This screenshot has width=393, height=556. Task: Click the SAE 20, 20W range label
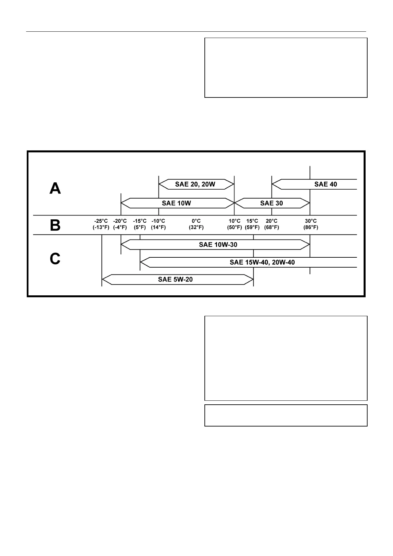pos(195,184)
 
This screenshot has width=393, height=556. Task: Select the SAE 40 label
pos(325,184)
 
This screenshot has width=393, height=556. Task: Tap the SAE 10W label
pos(176,203)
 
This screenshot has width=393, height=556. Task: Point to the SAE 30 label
pos(271,203)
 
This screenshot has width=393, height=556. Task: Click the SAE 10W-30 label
pos(218,245)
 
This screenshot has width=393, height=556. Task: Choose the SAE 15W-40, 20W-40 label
pos(262,262)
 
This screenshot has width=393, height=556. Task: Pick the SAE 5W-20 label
pos(175,279)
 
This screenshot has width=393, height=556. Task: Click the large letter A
pos(55,189)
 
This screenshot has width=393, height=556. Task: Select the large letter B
pos(55,226)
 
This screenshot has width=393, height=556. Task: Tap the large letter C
pos(55,259)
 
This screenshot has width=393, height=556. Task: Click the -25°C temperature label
pos(101,221)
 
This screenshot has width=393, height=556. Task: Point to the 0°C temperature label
pos(196,221)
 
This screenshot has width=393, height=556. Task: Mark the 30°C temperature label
pos(311,221)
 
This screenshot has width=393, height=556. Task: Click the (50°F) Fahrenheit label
pos(234,227)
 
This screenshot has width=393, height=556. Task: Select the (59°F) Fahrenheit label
pos(252,227)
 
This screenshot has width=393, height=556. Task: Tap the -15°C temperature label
pos(140,221)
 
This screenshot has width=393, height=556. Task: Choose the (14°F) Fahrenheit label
pos(158,227)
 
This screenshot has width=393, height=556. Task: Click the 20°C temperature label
pos(271,221)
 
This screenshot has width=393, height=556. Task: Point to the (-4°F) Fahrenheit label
pos(120,227)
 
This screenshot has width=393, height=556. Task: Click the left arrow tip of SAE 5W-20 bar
pos(103,279)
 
